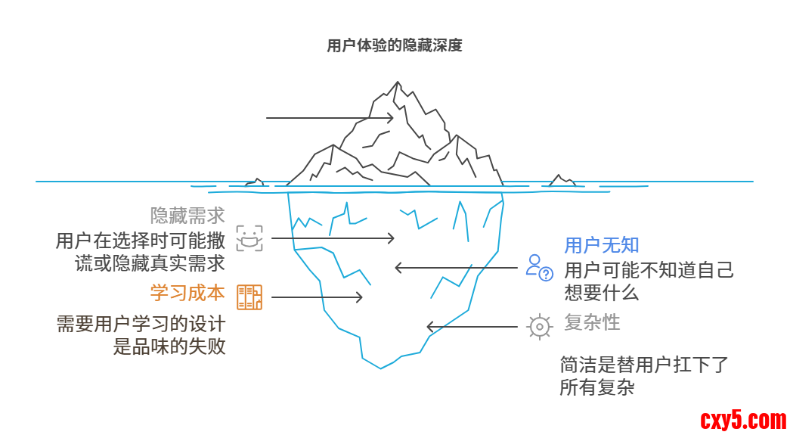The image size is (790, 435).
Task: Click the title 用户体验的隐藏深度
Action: point(394,45)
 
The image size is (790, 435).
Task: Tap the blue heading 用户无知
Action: point(602,245)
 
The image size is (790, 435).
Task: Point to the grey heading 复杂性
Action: point(592,322)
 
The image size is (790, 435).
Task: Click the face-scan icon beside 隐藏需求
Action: point(249,238)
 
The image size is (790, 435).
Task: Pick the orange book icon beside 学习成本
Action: point(249,297)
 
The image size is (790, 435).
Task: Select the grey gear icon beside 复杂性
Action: point(539,326)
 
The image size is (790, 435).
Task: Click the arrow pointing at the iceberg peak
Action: point(330,118)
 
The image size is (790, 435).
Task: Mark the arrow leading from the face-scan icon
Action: point(333,238)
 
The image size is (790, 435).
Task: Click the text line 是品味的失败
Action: point(169,347)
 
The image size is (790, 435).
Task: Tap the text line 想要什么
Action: point(601,293)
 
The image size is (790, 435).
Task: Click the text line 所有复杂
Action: point(596,388)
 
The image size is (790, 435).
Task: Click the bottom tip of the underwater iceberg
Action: point(381,368)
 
